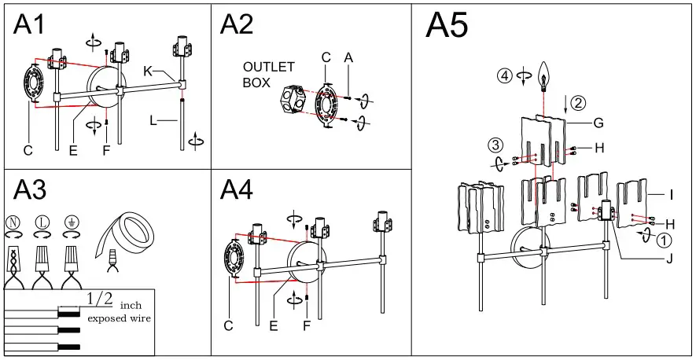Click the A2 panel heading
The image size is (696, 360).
(x=237, y=25)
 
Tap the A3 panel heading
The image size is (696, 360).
(x=31, y=190)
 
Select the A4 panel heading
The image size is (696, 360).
(x=237, y=190)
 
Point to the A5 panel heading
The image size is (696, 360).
(x=447, y=27)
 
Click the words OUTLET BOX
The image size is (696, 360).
(x=268, y=74)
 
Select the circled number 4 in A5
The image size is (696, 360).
(x=504, y=76)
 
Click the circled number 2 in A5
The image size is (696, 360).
(x=578, y=102)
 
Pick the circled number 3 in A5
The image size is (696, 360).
(x=495, y=145)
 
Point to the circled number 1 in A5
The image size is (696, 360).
(x=665, y=241)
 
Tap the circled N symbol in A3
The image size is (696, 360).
(x=12, y=223)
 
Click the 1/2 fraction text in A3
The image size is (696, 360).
(x=100, y=298)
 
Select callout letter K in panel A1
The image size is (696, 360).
(x=147, y=71)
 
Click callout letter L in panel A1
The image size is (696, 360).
(x=153, y=121)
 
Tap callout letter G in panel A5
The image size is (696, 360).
(x=598, y=123)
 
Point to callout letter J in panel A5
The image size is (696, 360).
(x=668, y=259)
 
